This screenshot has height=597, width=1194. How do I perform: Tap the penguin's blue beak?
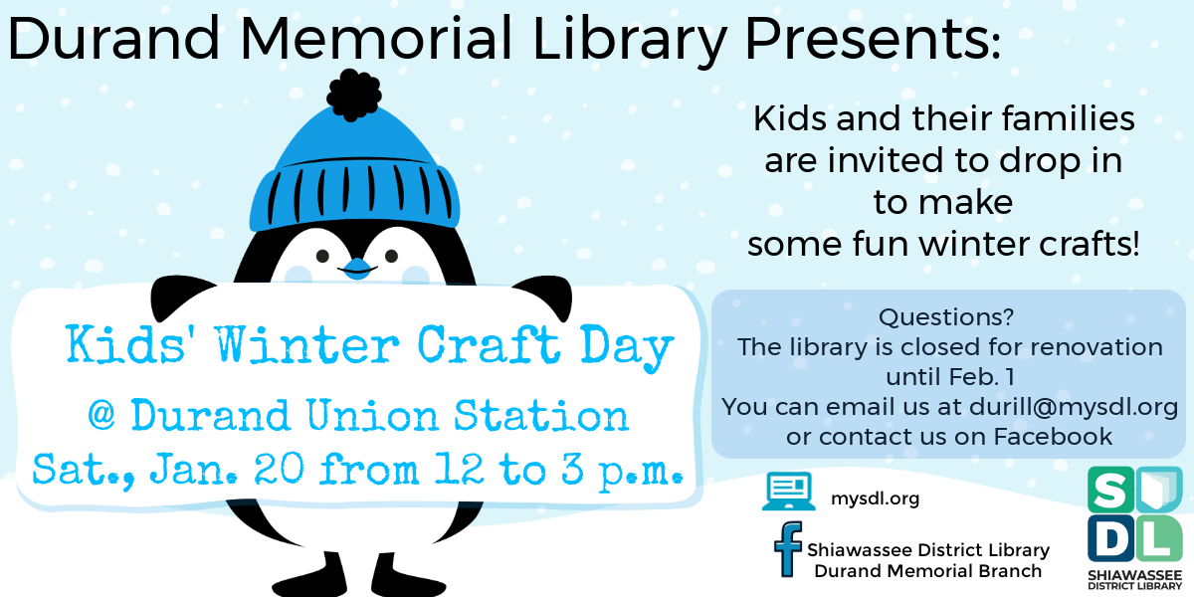[356, 267]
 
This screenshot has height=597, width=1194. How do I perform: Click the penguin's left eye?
[321, 255]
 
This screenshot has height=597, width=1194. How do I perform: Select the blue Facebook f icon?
[789, 550]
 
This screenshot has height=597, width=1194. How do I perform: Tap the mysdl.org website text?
[875, 498]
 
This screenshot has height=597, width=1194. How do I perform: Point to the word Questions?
[946, 317]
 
